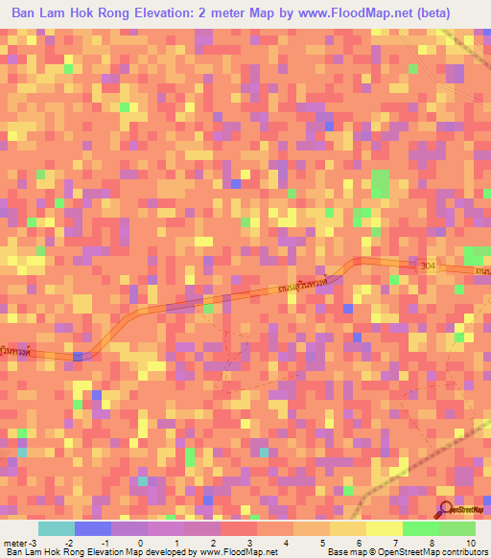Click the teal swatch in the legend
[x=56, y=528]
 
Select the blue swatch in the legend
[x=92, y=528]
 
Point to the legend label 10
[x=470, y=542]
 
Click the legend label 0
[x=140, y=542]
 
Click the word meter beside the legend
[x=16, y=542]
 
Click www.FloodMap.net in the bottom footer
[x=237, y=552]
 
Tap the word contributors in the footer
[x=463, y=552]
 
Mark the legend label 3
[x=249, y=542]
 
